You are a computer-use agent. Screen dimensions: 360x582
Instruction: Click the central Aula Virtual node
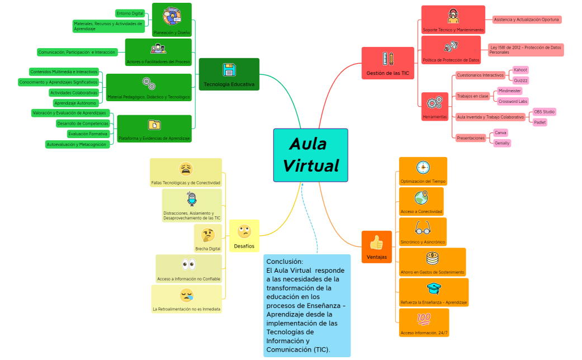coord(310,155)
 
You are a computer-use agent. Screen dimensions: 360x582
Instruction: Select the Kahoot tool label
coord(521,70)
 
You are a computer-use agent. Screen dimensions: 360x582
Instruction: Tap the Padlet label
coord(540,122)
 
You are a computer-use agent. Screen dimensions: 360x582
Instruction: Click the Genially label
coord(501,143)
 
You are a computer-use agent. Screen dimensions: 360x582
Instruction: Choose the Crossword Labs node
coord(513,101)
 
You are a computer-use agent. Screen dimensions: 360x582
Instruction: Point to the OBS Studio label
coord(544,112)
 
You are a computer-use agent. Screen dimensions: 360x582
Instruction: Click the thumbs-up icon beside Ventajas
coord(376,242)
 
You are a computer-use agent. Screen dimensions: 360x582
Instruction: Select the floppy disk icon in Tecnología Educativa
coord(229,70)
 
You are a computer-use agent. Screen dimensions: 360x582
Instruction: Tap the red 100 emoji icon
coord(424,319)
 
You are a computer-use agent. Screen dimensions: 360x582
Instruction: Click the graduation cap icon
coord(433,288)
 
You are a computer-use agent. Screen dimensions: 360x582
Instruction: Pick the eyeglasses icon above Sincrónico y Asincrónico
coord(422,228)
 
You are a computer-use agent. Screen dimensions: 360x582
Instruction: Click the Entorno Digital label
coord(130,13)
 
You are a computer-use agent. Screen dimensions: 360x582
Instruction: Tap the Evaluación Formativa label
coord(88,134)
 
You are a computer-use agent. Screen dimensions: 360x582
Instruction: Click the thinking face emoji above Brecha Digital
coord(208,235)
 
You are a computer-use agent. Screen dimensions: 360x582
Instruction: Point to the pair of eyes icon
coord(188,264)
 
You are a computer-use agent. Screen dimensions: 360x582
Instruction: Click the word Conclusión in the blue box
coord(285,262)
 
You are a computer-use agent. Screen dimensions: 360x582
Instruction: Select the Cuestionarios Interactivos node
coord(480,75)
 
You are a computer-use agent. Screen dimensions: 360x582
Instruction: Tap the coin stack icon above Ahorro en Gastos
coord(432,258)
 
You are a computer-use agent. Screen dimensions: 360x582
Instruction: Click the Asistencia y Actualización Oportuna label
coord(527,20)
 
